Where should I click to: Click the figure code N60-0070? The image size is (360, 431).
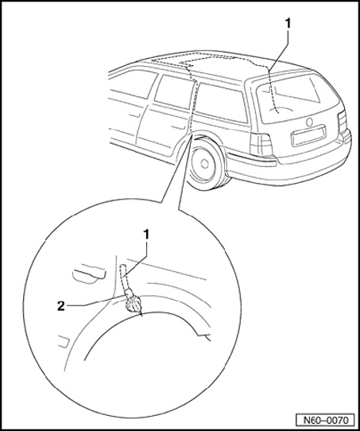coord(325,420)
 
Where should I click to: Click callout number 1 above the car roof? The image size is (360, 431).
coord(288,24)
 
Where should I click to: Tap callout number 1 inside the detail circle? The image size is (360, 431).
coord(146,235)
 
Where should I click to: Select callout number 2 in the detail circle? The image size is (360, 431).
coord(61,306)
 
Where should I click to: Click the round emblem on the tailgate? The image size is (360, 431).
coord(309,122)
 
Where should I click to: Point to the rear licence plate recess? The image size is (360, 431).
coord(309,135)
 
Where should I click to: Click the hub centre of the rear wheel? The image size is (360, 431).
coord(204,164)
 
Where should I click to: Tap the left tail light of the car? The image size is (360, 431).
coord(261,145)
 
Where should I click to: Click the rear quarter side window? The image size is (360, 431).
coord(222,103)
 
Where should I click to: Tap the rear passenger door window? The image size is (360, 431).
coord(174,91)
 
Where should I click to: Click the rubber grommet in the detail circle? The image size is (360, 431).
coord(134,304)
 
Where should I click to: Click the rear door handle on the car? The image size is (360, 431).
coord(177,127)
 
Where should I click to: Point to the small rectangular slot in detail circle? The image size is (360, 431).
coord(64,341)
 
